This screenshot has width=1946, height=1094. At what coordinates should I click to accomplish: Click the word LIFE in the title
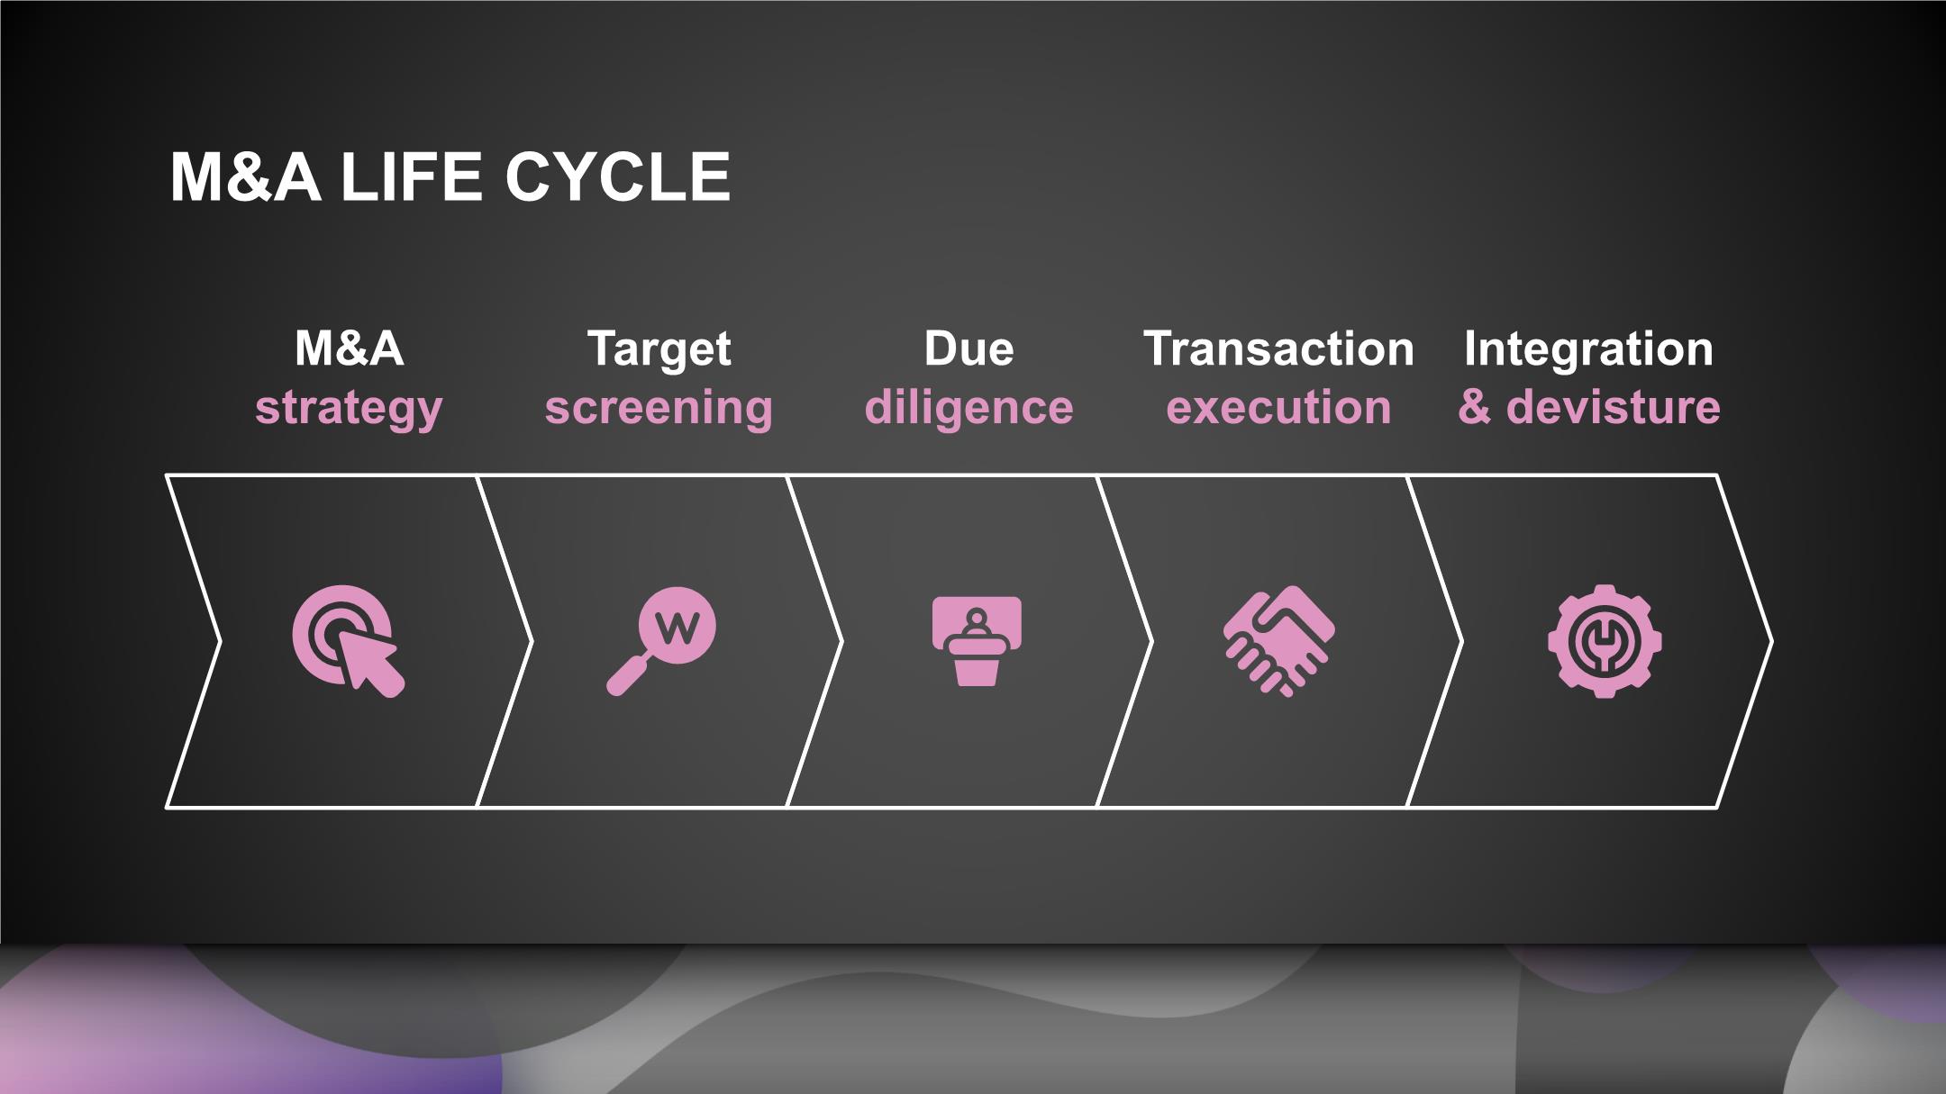411,176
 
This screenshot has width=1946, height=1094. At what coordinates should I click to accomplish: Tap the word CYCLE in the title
617,176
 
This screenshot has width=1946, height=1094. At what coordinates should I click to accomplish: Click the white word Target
659,350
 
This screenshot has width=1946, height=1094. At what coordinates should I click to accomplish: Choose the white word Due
968,348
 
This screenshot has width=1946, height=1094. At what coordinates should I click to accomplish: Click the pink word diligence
968,408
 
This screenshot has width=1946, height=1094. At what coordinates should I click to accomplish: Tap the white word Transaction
1278,348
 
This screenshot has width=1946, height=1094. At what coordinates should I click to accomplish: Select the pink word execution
1278,408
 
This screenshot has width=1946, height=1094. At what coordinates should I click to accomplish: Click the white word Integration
1588,350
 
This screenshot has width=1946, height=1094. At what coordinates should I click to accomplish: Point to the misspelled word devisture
1613,407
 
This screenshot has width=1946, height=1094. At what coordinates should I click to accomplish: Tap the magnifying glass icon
660,641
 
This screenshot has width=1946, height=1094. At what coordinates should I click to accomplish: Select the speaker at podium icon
977,641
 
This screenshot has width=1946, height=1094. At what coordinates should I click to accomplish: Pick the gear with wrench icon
1605,641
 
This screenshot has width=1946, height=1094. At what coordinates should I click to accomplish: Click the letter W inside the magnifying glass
677,628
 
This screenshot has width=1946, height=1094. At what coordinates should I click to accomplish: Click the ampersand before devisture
1475,407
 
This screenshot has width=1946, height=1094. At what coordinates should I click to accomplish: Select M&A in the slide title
245,176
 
